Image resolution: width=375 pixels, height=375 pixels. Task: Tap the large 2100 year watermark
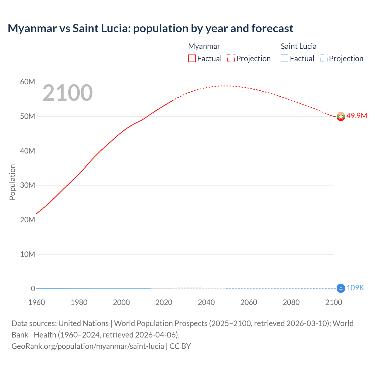click(x=68, y=93)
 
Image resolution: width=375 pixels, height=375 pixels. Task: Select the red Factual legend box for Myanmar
click(x=192, y=58)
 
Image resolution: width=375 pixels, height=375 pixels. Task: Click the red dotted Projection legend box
click(x=231, y=58)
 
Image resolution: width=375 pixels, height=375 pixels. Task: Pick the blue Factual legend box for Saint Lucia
click(x=284, y=58)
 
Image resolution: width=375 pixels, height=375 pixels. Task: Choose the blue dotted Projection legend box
click(x=323, y=58)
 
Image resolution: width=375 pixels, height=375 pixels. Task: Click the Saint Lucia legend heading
click(x=299, y=46)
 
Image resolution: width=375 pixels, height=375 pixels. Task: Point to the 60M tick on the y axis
click(x=28, y=82)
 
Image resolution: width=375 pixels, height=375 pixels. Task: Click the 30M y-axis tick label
click(x=28, y=185)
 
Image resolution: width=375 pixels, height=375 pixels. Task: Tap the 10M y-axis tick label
click(x=28, y=254)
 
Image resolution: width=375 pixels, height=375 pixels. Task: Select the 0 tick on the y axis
click(x=33, y=289)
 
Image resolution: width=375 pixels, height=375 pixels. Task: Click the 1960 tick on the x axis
click(x=37, y=302)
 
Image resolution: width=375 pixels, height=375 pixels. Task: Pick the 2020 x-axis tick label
click(x=164, y=302)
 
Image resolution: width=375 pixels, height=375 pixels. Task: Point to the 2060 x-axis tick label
click(x=249, y=302)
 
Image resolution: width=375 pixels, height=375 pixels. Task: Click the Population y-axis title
click(x=12, y=182)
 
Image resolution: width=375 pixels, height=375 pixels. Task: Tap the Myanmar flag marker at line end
click(x=341, y=117)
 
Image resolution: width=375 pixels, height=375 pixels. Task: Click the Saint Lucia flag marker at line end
click(x=341, y=288)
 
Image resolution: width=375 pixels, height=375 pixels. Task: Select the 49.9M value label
click(x=357, y=116)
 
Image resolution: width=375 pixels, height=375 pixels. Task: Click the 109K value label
click(x=355, y=288)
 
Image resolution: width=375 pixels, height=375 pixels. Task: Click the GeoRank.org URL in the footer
click(x=88, y=346)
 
